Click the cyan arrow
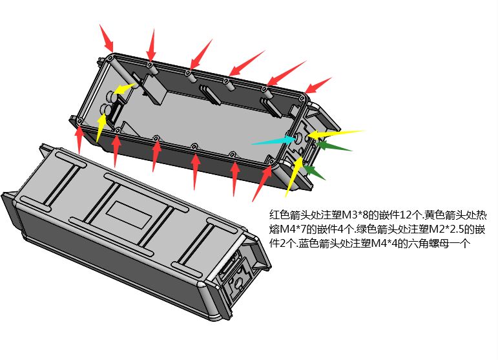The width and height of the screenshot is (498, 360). [x=274, y=141]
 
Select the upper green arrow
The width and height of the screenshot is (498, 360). [x=333, y=146]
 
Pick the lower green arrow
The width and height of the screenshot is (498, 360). [x=315, y=172]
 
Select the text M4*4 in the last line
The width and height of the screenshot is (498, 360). [x=384, y=244]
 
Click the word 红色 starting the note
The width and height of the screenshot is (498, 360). [x=279, y=215]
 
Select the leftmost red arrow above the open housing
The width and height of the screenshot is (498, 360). [x=107, y=38]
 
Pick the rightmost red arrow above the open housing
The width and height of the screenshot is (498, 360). [x=318, y=85]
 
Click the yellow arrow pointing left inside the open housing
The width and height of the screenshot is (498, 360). [x=125, y=89]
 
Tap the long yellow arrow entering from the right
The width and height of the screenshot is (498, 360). [x=336, y=134]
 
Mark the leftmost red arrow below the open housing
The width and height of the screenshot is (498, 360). [x=79, y=139]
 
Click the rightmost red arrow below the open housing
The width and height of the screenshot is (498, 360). [x=262, y=184]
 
